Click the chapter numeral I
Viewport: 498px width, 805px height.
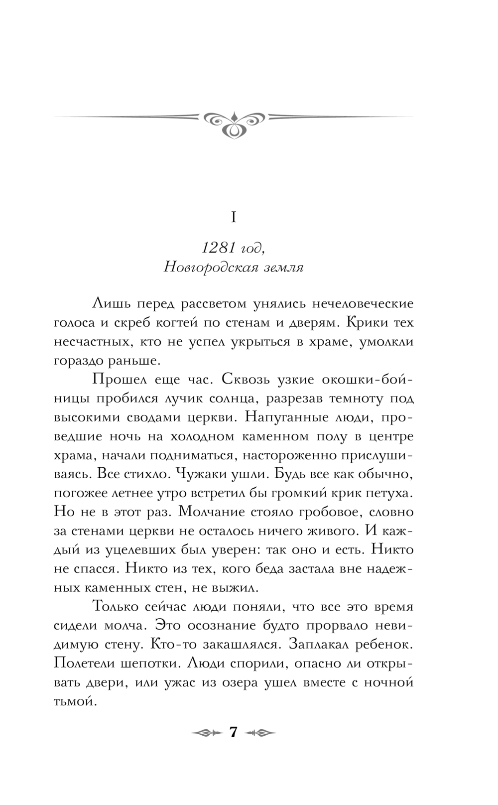point(234,217)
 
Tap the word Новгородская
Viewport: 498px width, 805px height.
point(207,268)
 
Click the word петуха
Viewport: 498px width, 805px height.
point(390,493)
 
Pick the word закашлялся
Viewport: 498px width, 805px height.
point(238,645)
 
